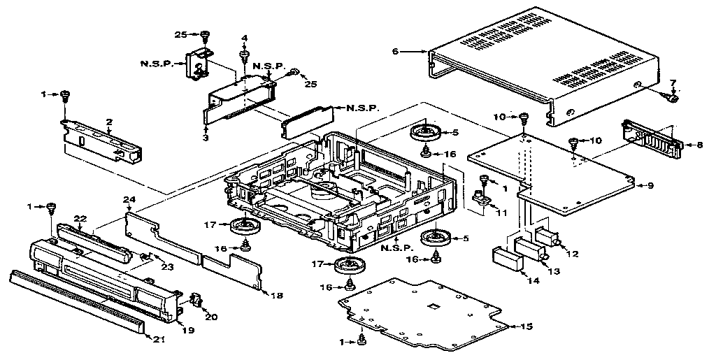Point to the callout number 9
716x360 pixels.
pyautogui.click(x=650, y=185)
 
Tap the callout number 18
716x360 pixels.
pyautogui.click(x=278, y=296)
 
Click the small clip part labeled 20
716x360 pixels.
pyautogui.click(x=196, y=303)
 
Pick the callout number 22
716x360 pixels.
pyautogui.click(x=80, y=219)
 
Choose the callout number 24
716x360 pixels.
pyautogui.click(x=129, y=200)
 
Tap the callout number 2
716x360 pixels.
pyautogui.click(x=109, y=122)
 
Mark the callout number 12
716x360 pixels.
pyautogui.click(x=573, y=254)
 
